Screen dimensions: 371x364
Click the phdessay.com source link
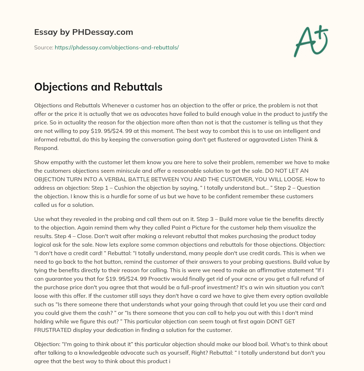point(117,47)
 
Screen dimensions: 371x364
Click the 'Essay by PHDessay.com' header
point(84,32)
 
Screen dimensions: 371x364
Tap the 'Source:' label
point(43,47)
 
